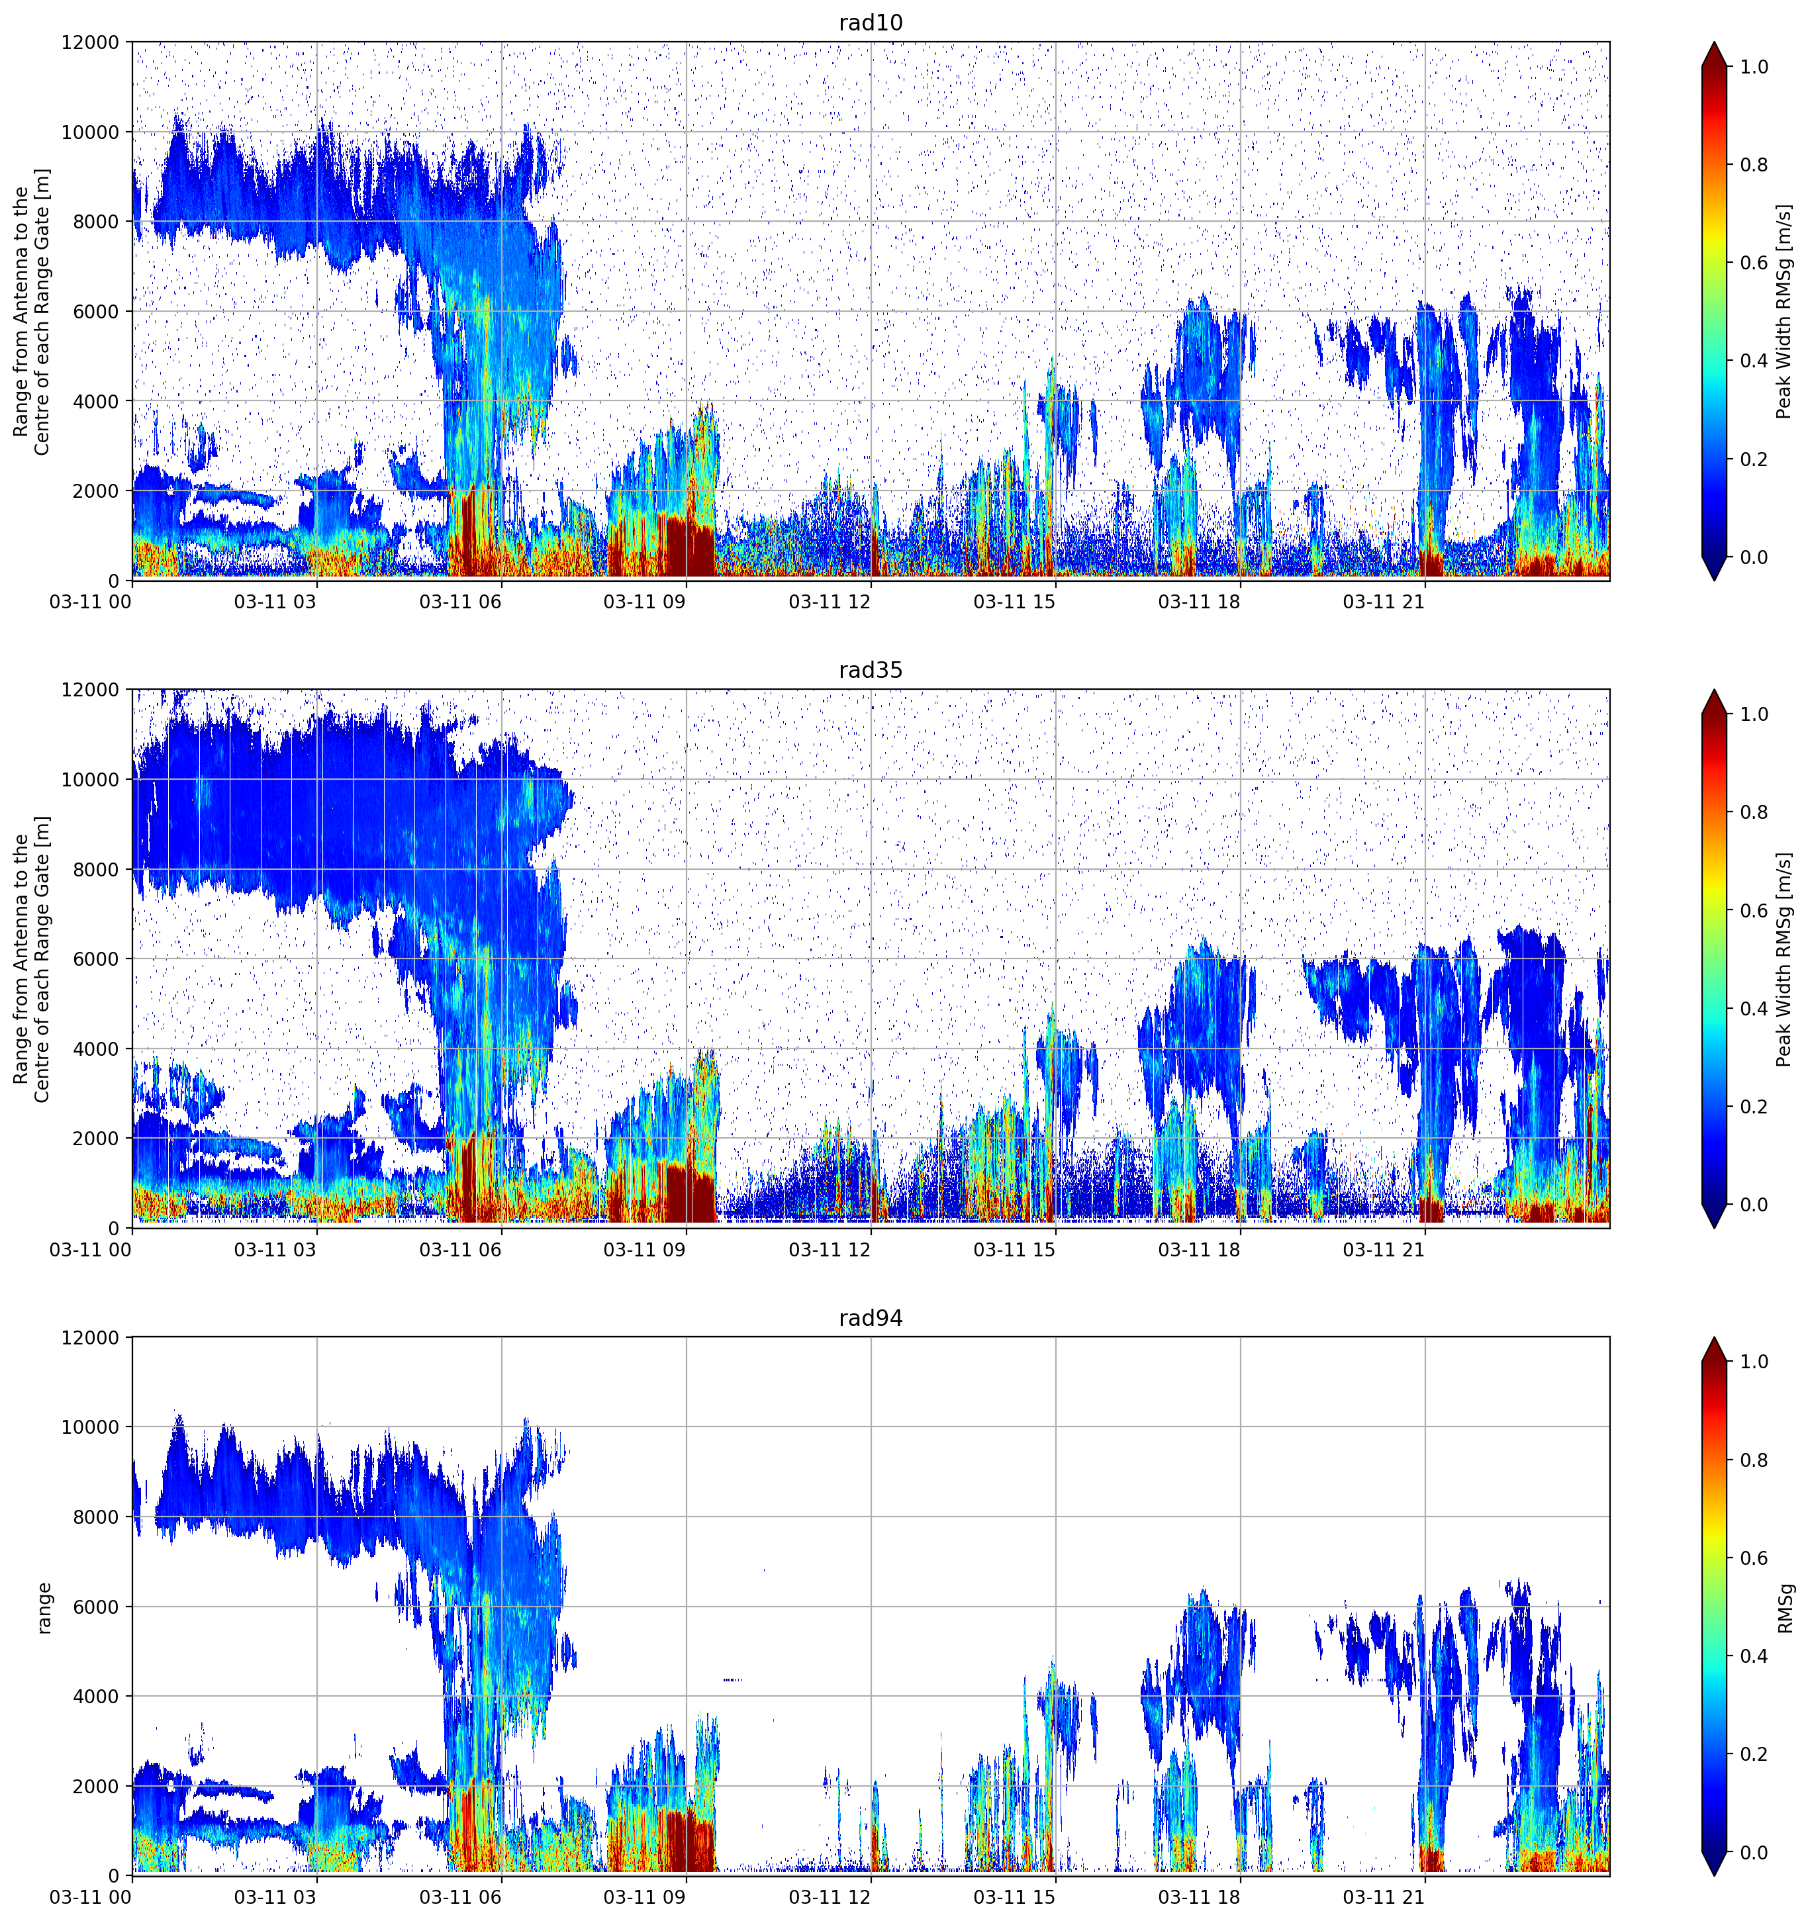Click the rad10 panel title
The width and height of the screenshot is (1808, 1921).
coord(870,23)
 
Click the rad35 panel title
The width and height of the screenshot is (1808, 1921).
coord(870,670)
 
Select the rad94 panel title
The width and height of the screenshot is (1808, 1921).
coord(870,1318)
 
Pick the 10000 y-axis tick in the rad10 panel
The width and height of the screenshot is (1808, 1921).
coord(90,132)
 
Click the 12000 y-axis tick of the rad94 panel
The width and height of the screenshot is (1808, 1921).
coord(90,1337)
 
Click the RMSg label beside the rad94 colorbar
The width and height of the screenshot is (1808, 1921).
coord(1785,1608)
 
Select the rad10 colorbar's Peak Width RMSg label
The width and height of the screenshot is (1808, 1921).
coord(1784,311)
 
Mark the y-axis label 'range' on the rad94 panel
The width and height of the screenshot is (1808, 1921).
coord(44,1608)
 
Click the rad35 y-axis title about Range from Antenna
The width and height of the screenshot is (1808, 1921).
coord(32,959)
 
